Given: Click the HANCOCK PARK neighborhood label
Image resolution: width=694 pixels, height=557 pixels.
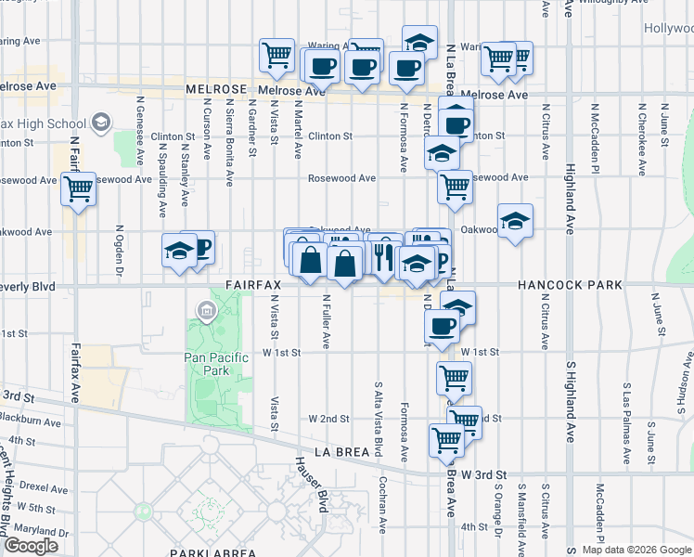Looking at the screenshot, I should click(571, 286).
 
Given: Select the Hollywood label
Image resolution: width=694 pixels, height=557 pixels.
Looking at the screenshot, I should click(668, 29).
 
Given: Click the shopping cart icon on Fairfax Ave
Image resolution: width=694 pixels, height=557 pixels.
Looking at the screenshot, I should click(79, 189).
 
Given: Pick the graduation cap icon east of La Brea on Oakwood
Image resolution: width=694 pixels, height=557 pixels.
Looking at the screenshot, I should click(515, 222).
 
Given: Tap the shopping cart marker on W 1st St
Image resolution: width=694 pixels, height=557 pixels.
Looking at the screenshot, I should click(454, 377).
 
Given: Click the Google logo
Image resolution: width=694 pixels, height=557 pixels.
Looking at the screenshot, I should click(31, 546).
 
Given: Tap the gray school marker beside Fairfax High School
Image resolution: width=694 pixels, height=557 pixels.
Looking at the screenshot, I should click(100, 123).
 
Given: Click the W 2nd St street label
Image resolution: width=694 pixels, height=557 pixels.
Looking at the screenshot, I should click(329, 419).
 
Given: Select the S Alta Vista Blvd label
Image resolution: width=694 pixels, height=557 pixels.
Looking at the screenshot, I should click(379, 418).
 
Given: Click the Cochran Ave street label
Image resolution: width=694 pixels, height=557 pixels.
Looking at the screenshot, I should click(382, 506).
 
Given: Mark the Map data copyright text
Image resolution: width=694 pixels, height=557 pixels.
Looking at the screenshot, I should click(636, 550).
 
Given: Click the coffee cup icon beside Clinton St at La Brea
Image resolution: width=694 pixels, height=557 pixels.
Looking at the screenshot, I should click(455, 123).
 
